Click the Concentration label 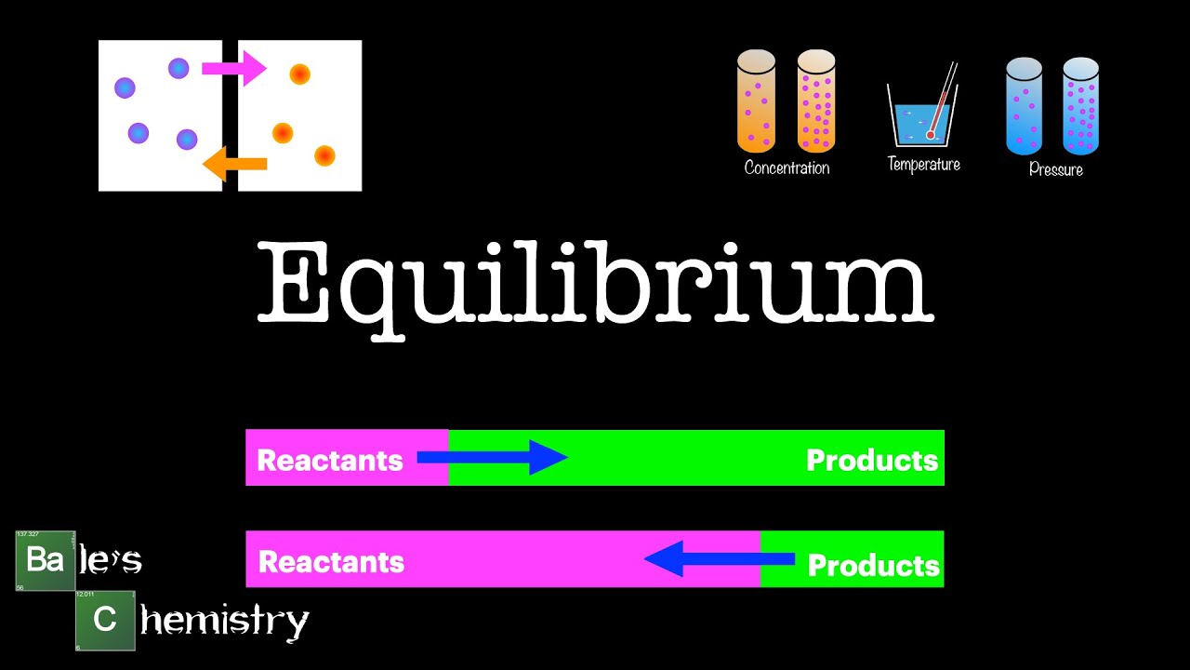787,168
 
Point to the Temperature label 923,165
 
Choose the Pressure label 1055,170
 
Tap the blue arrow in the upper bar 492,457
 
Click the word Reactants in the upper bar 329,461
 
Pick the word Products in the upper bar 871,461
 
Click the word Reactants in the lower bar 331,562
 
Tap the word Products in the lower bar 873,565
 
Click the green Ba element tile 45,560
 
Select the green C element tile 105,619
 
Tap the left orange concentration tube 756,101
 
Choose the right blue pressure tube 1080,106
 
